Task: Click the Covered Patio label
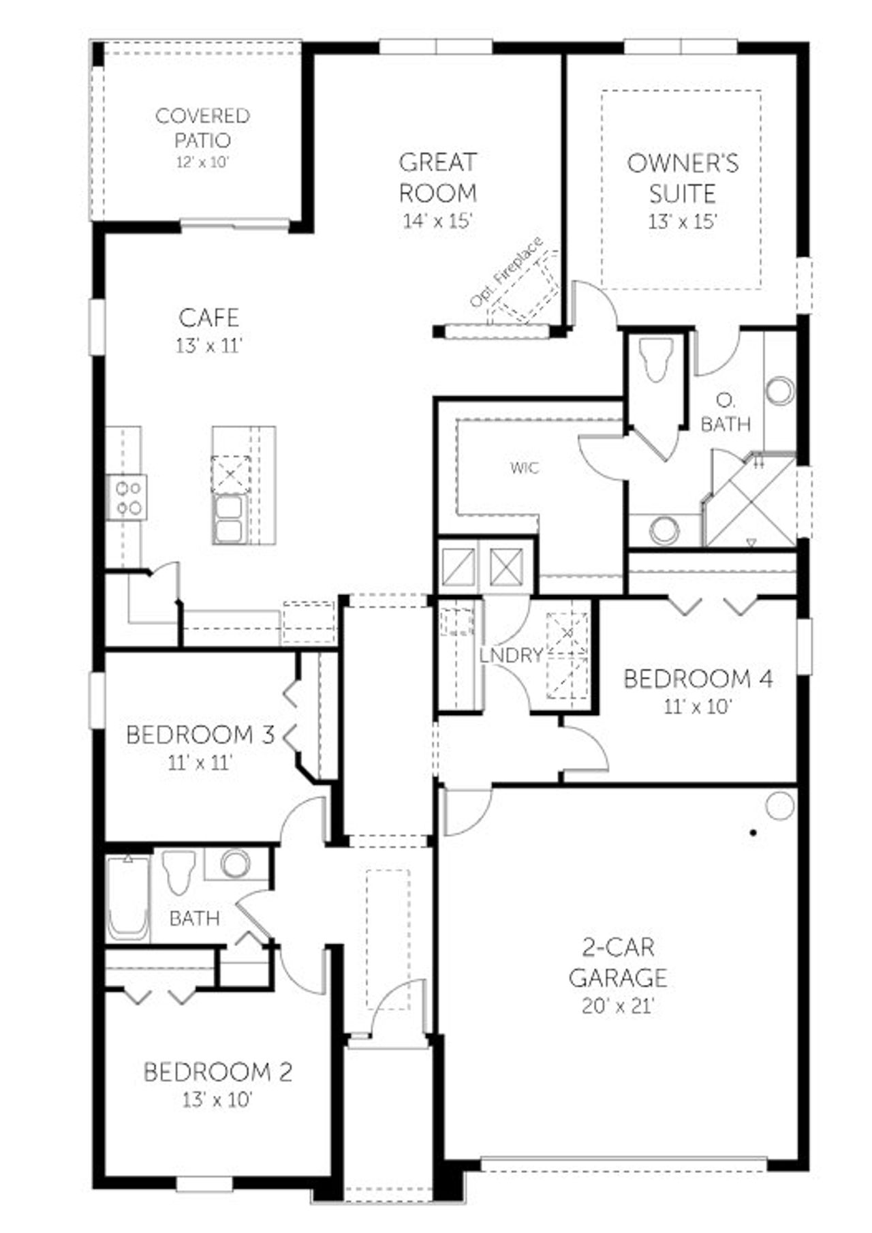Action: coord(202,127)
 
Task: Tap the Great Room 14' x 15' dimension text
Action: coord(437,222)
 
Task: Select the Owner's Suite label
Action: coord(682,178)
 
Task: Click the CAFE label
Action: coord(209,318)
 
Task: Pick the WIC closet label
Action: coord(524,468)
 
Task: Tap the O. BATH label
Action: coord(726,414)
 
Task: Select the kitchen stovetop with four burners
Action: coord(128,498)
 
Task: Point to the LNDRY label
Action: coord(511,656)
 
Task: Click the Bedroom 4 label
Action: coord(698,679)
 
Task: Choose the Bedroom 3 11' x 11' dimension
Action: coord(200,763)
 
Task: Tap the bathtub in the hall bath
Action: coord(128,898)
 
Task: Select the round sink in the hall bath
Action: coord(235,864)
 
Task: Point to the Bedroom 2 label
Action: coord(217,1072)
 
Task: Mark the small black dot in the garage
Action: coord(753,832)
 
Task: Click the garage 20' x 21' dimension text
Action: coord(618,1006)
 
